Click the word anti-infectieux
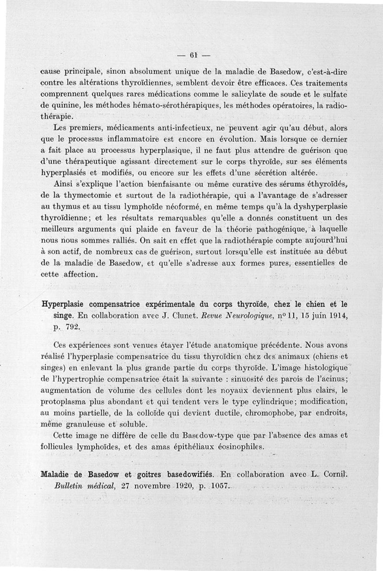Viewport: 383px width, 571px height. [159, 129]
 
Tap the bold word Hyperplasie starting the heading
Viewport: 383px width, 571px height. [70, 303]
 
